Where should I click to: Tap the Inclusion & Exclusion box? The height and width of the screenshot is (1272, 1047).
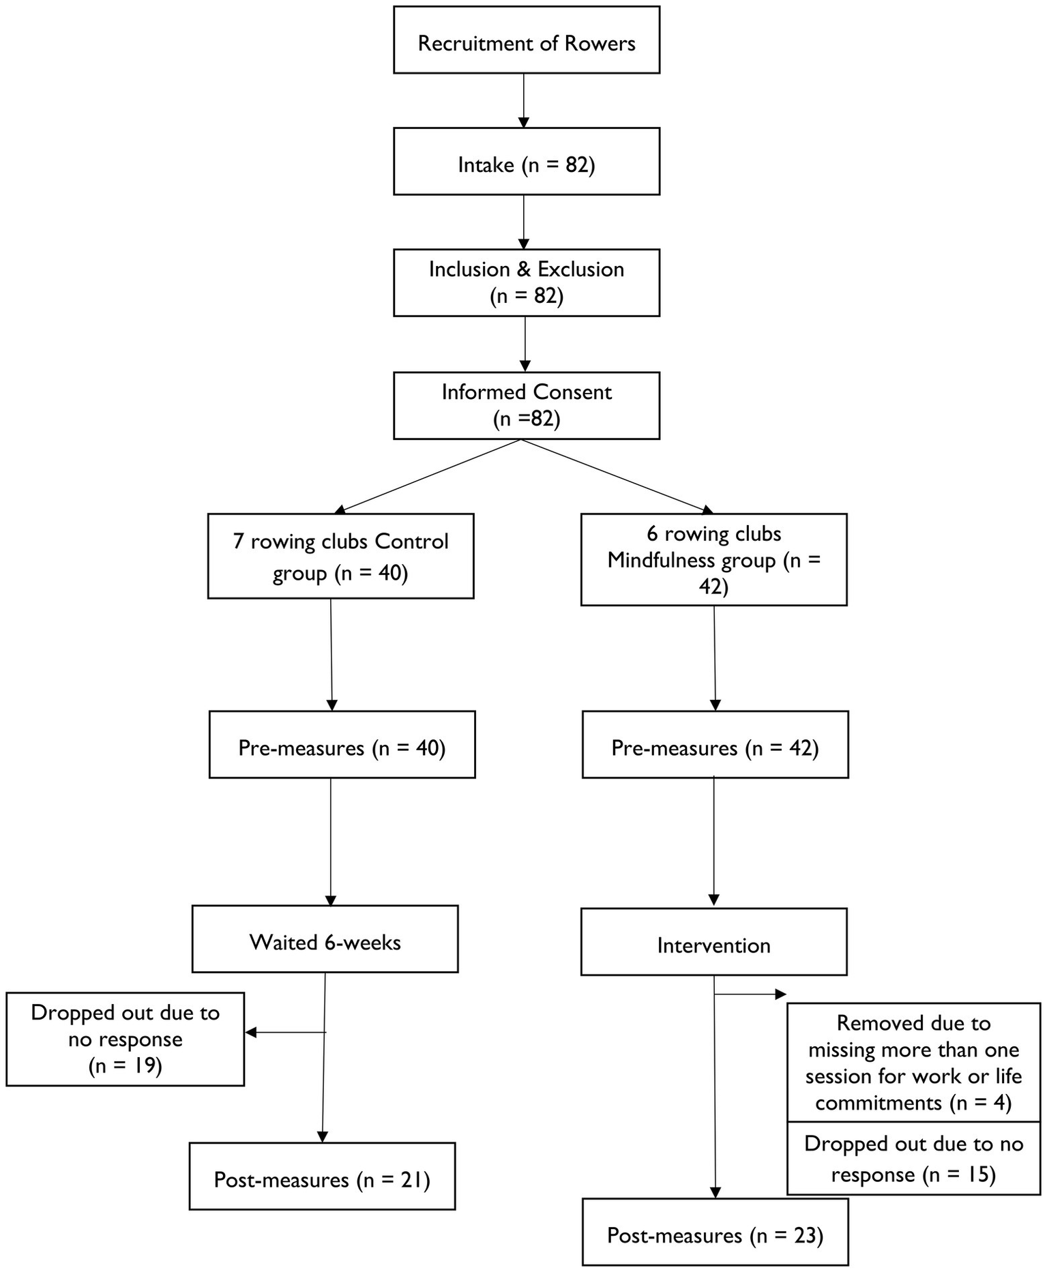(526, 282)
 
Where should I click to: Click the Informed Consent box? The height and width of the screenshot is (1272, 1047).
(526, 405)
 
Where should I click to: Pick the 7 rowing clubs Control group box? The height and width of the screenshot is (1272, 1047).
(340, 557)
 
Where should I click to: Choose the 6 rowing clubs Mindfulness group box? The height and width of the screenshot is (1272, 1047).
(713, 560)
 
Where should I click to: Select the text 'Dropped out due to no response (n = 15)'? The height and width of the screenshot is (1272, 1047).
(913, 1159)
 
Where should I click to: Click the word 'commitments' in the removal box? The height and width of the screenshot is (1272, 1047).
(878, 1103)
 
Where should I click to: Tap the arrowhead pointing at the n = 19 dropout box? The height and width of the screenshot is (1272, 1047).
(250, 1033)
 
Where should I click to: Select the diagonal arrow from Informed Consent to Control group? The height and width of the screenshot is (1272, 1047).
(428, 476)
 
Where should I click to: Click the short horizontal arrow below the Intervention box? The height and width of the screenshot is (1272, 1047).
(749, 994)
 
